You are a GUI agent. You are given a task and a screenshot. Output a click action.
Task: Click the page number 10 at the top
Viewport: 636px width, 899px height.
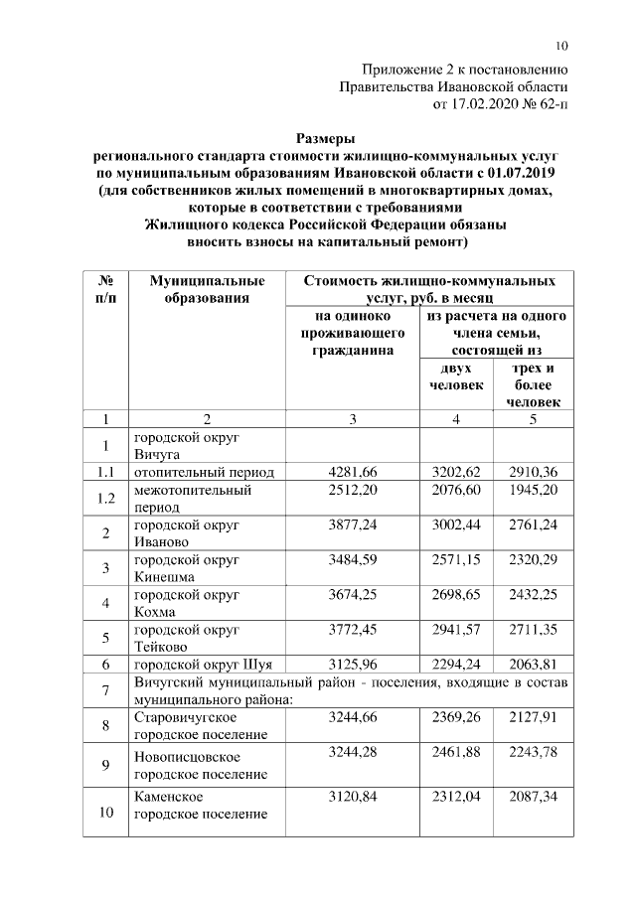561,46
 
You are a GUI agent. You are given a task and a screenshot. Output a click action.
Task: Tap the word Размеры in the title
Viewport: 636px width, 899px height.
325,139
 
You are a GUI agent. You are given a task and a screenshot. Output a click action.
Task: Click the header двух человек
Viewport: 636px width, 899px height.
456,376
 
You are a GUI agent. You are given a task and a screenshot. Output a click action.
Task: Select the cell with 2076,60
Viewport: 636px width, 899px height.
456,490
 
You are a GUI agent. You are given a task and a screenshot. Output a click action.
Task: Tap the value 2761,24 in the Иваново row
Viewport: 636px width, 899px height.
532,524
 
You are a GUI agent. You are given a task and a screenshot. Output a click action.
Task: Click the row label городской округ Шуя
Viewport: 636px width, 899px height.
203,663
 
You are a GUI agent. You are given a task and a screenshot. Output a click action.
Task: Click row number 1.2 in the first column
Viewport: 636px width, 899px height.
106,498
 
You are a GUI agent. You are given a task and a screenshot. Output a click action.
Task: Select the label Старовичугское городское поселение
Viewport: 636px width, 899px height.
200,725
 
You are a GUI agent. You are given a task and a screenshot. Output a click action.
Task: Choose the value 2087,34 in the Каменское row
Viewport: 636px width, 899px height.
532,797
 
